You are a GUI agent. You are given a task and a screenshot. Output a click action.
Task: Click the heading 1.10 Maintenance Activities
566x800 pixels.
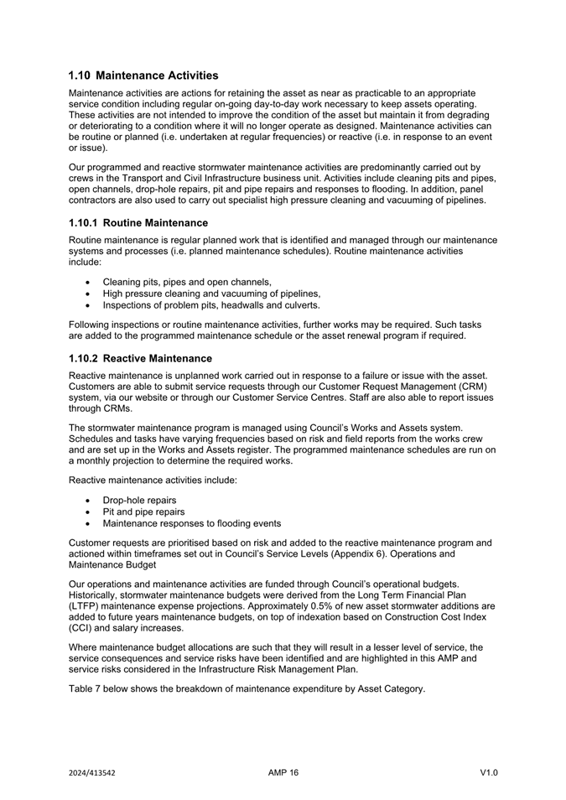143,75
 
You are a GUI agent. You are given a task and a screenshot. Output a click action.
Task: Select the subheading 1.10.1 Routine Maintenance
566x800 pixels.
138,223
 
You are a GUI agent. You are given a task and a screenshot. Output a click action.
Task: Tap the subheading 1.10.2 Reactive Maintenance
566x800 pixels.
140,358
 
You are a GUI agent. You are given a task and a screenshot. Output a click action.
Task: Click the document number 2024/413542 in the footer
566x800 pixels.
92,773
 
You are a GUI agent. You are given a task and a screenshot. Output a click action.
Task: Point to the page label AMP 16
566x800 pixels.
283,773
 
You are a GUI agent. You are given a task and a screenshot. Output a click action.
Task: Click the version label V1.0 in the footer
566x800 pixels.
489,773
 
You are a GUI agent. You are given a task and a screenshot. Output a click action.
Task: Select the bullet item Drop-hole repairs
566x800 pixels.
139,500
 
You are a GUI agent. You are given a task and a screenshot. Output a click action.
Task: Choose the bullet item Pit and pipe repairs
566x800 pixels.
143,512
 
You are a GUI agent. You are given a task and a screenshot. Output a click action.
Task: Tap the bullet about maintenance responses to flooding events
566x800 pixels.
191,523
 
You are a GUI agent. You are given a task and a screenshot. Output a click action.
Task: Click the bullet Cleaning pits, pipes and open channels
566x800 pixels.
187,282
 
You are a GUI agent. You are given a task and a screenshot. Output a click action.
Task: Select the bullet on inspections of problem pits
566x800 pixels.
211,305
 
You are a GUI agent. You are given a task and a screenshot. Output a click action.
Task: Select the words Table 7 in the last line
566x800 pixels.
87,688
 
